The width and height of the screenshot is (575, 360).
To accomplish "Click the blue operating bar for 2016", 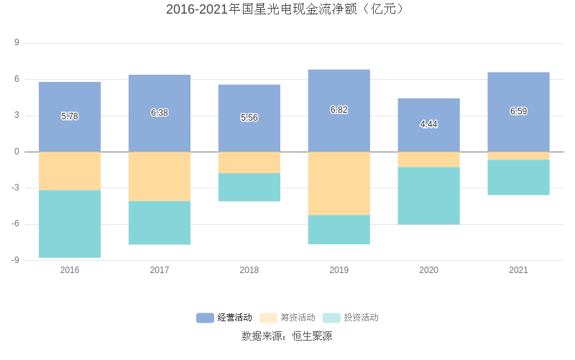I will click(70, 101).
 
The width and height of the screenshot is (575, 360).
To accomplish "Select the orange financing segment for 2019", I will click(339, 183).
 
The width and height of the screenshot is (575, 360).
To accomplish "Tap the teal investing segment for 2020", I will click(428, 195).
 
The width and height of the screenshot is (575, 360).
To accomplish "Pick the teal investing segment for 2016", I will click(70, 223).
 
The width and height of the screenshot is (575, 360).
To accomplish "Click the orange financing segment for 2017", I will click(160, 176).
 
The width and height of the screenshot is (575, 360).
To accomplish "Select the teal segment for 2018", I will click(249, 187).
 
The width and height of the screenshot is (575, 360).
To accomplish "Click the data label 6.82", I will click(339, 110).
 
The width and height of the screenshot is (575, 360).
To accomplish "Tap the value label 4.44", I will click(428, 124).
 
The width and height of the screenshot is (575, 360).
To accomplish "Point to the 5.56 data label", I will click(249, 118).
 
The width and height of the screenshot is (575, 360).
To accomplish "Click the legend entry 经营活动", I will click(225, 318).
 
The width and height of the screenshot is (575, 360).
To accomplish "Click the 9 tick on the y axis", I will click(17, 43).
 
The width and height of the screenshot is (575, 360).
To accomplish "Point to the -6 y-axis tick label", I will click(15, 224).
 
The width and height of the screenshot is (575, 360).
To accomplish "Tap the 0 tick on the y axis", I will click(17, 152).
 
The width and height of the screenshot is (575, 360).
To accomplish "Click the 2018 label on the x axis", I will click(249, 270).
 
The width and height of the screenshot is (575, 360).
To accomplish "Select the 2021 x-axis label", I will click(518, 270).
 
